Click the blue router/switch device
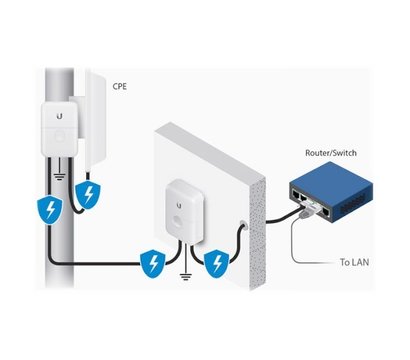(x=329, y=195)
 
